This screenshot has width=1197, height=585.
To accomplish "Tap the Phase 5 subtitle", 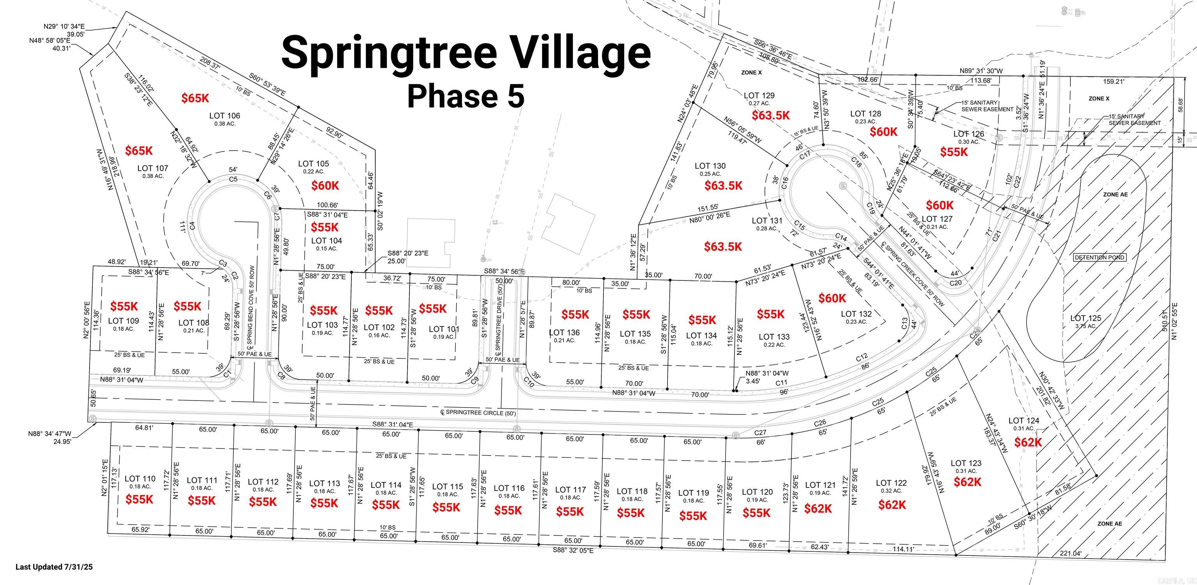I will coord(466,96).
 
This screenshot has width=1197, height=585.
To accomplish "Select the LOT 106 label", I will coord(224,116).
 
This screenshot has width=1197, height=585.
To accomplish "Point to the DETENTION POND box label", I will coord(1100,257).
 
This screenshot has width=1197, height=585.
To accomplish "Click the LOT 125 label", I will coord(1085,318).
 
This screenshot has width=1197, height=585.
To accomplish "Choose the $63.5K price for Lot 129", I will coord(771,115).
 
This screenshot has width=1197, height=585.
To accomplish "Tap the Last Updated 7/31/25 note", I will coord(55,567).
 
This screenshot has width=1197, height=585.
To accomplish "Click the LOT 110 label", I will coord(140,479).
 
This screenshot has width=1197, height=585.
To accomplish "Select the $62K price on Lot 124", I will coord(1028,442).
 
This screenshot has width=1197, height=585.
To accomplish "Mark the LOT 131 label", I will coord(767,220).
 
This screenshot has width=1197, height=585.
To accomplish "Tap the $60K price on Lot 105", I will coord(325,186).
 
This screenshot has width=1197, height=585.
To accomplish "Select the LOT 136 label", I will coord(565,333).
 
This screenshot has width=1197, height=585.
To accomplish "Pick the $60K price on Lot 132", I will coord(832,298).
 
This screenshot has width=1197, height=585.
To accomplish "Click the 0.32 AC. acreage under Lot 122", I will coord(891,491).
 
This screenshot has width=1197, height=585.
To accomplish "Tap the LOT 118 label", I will coord(632,491).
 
